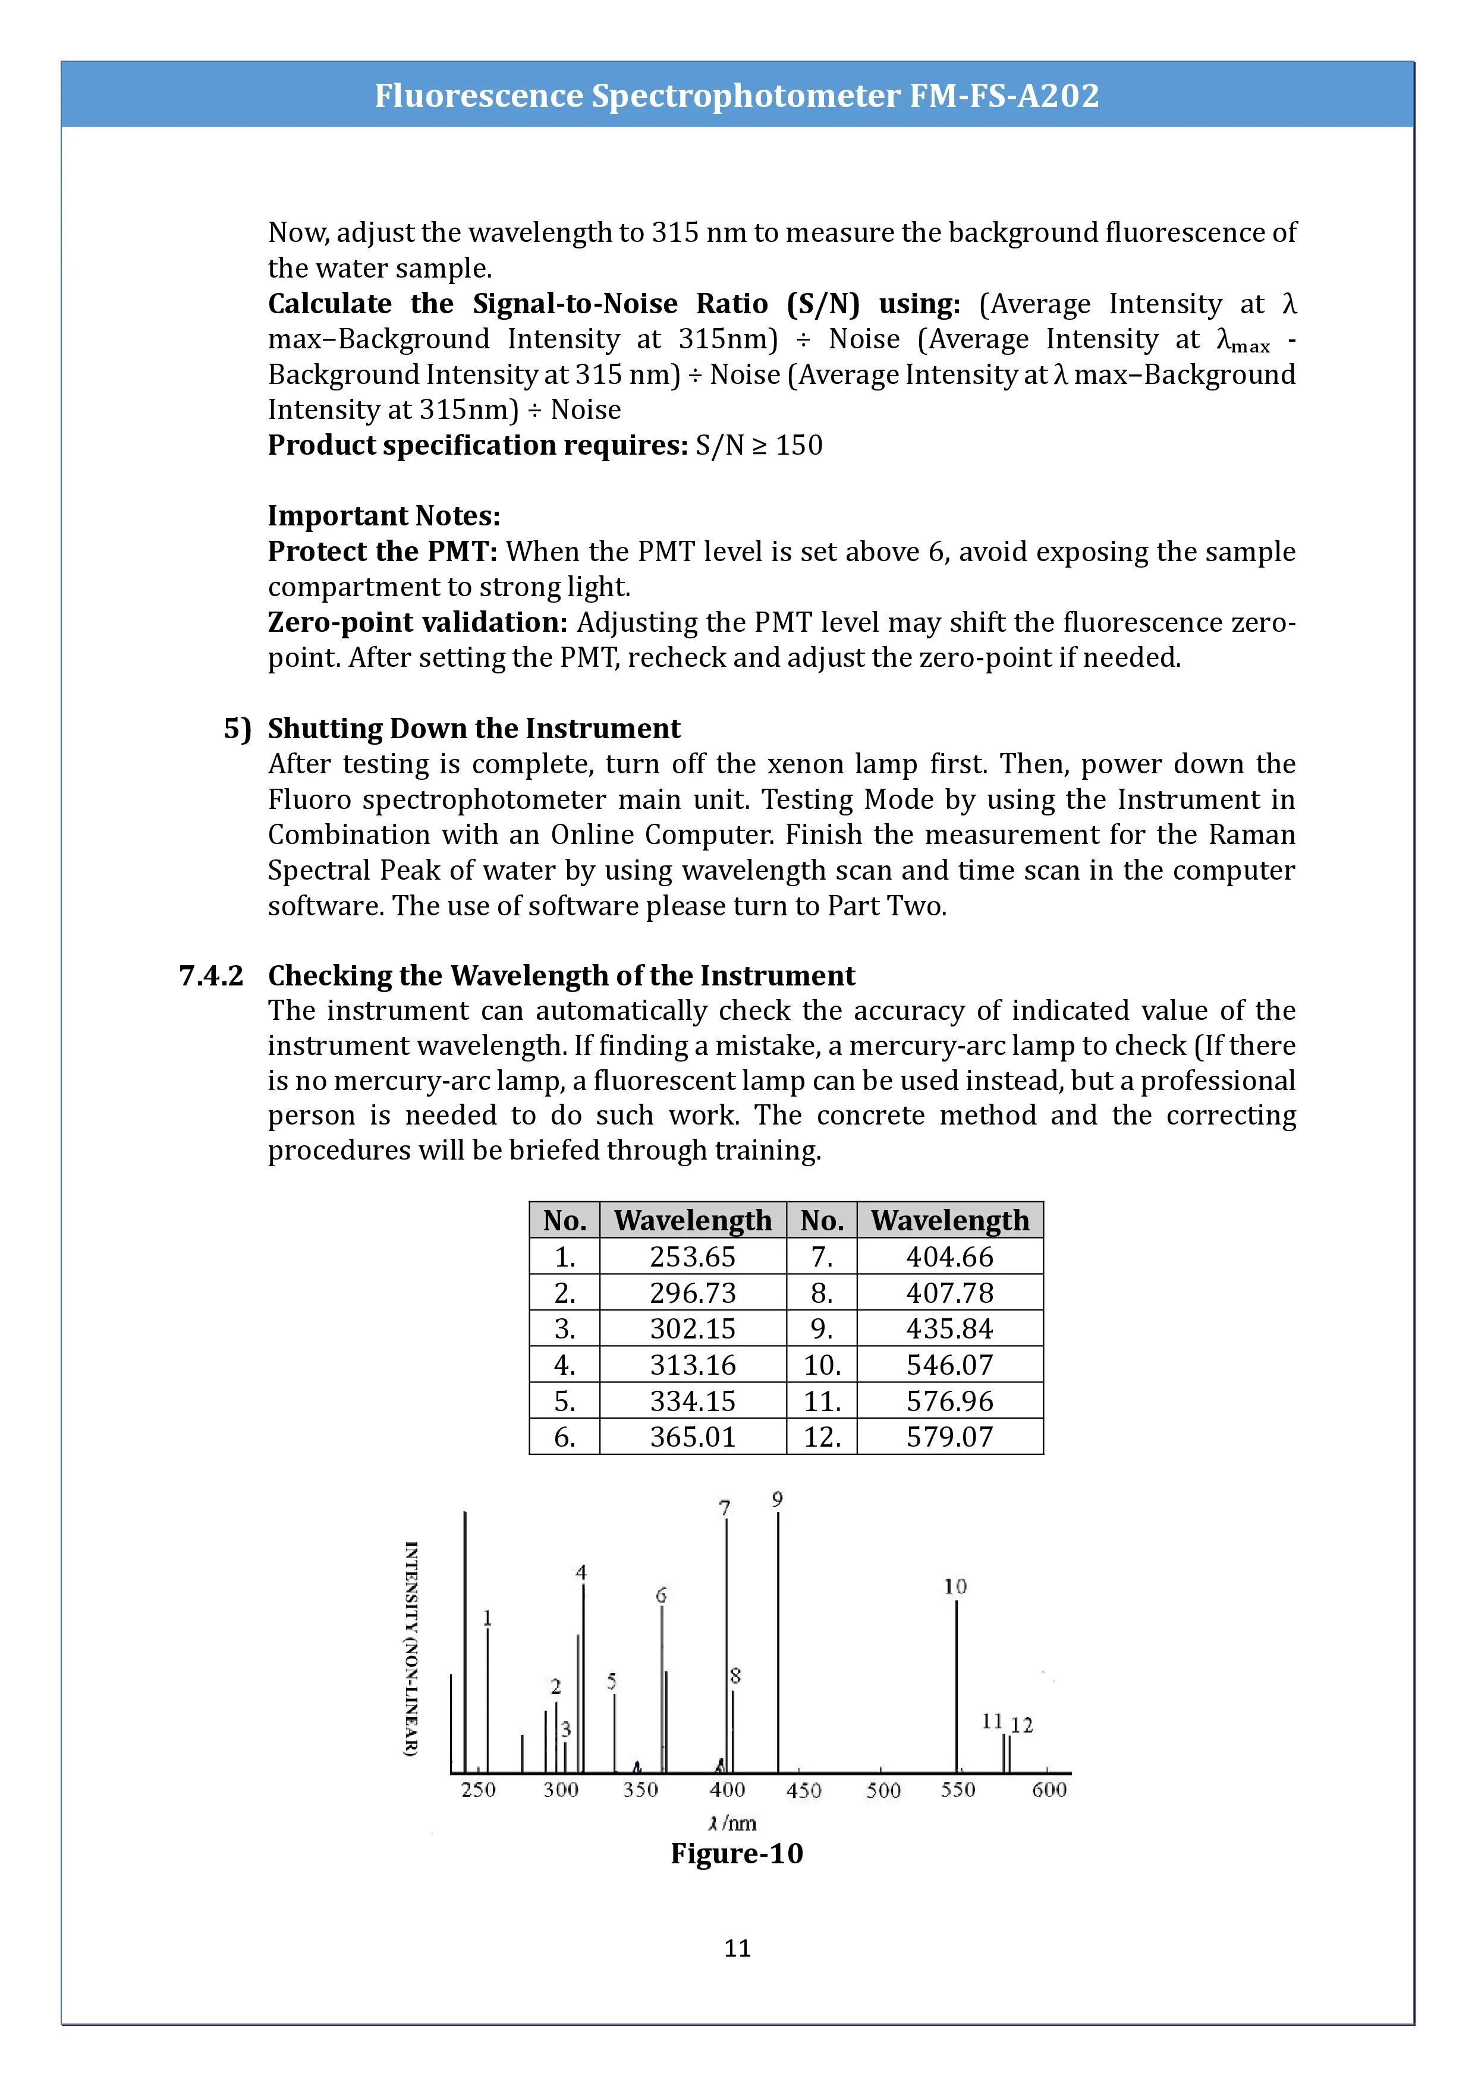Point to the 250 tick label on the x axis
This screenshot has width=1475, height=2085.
click(x=478, y=1789)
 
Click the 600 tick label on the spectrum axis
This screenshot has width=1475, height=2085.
click(x=1049, y=1789)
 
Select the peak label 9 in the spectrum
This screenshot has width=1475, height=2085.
click(x=778, y=1500)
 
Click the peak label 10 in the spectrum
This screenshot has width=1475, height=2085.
click(x=955, y=1586)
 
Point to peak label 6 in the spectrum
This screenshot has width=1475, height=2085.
click(x=661, y=1595)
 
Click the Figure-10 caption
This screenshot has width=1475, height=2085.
click(x=737, y=1853)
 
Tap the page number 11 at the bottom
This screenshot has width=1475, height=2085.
click(x=737, y=1948)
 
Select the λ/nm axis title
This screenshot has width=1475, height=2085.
click(x=732, y=1822)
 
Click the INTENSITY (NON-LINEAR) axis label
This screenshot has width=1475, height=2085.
click(x=411, y=1648)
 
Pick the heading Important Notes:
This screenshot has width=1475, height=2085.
click(x=383, y=516)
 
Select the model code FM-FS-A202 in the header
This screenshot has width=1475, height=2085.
click(x=1005, y=95)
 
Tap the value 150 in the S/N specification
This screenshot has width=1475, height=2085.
click(x=799, y=445)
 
